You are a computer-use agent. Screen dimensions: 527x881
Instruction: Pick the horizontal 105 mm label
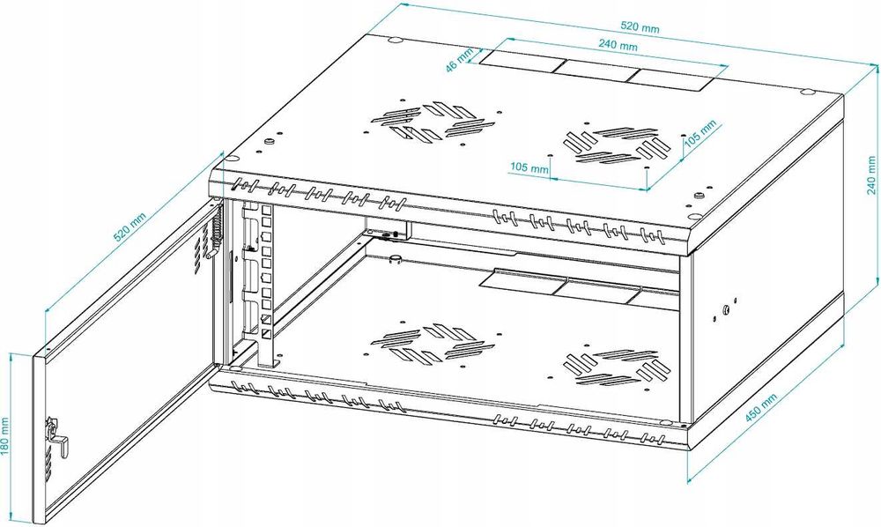[x=529, y=166]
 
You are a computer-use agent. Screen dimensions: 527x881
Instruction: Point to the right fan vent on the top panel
[x=613, y=145]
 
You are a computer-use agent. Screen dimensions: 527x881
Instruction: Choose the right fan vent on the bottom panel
[x=613, y=367]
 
